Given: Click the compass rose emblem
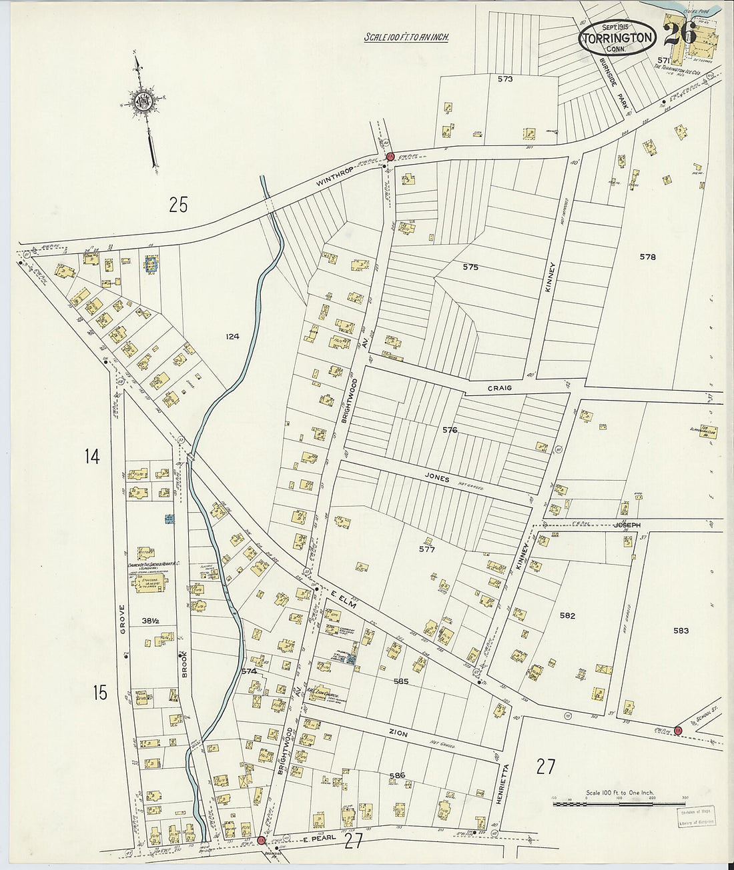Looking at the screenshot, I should [x=143, y=101].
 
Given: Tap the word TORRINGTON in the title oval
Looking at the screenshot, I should [x=617, y=37].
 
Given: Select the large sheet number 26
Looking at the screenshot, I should [x=680, y=33].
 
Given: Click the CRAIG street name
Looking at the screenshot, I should [x=498, y=387].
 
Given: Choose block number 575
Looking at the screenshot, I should [x=470, y=267].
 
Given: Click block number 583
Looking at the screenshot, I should [x=681, y=630].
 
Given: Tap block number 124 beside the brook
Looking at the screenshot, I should [x=232, y=337].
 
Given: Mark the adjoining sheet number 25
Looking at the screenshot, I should [x=178, y=205].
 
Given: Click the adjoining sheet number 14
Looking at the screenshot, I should [x=92, y=457].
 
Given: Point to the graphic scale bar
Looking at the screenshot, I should [x=609, y=804].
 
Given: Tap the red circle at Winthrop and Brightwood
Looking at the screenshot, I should [x=390, y=157].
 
